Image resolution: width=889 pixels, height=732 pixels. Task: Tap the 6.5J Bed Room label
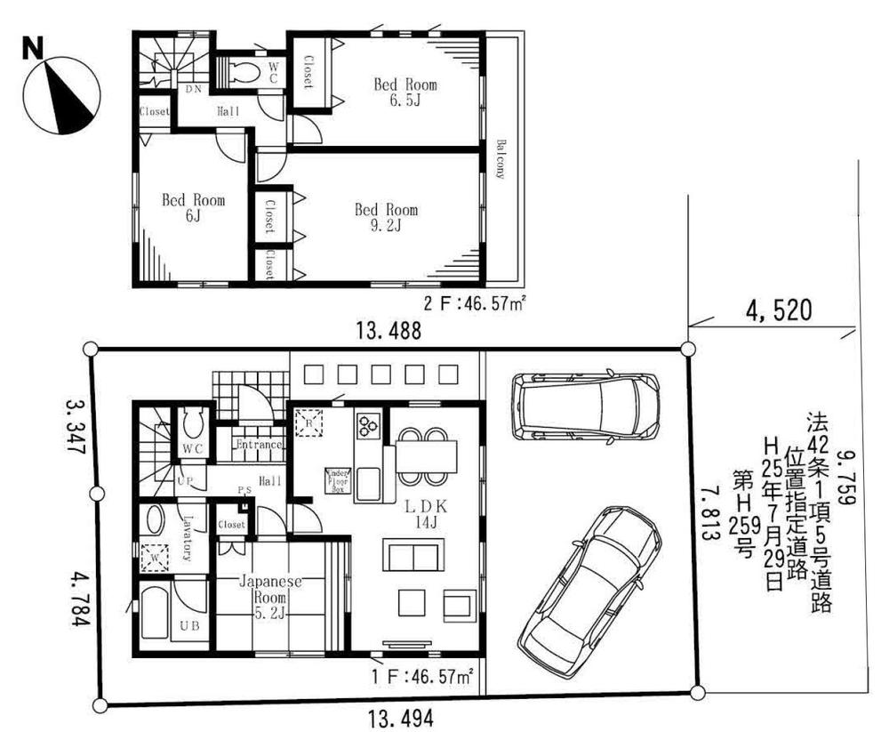point(404,92)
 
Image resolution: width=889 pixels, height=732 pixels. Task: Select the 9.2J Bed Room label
point(386,217)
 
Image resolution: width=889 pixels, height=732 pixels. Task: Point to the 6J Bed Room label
point(192,207)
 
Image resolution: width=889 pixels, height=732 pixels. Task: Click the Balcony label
point(501,160)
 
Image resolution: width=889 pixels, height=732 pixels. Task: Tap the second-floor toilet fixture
point(242,71)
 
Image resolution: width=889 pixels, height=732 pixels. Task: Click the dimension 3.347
point(77,425)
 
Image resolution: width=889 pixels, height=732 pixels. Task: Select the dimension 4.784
point(77,598)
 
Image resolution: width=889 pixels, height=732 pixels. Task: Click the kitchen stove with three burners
point(367,426)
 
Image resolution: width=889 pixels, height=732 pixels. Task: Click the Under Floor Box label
point(337,480)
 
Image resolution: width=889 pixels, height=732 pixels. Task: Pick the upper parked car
point(587,406)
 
